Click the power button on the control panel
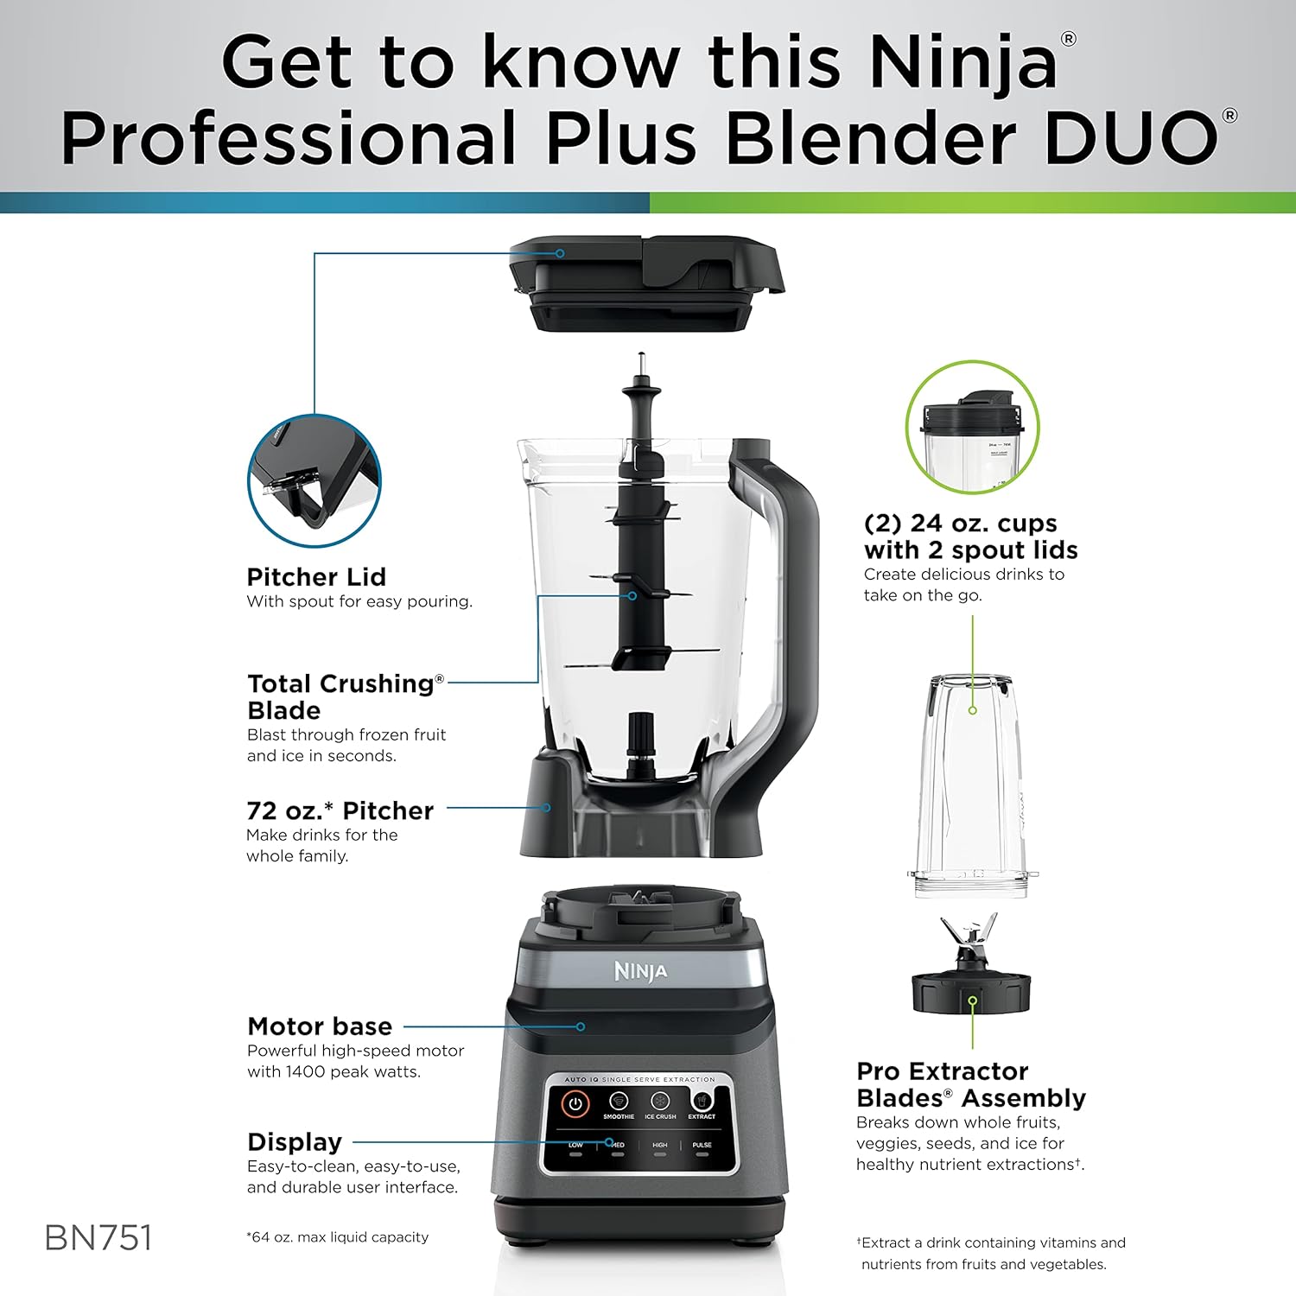pyautogui.click(x=575, y=1103)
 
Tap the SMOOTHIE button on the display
pyautogui.click(x=618, y=1103)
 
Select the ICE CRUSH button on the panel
pyautogui.click(x=660, y=1103)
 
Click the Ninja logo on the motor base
pyautogui.click(x=640, y=971)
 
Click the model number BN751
pyautogui.click(x=98, y=1237)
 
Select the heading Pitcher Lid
pyautogui.click(x=316, y=577)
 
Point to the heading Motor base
pyautogui.click(x=320, y=1026)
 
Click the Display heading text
pyautogui.click(x=295, y=1142)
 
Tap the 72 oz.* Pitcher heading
pyautogui.click(x=340, y=810)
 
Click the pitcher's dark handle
pyautogui.click(x=791, y=605)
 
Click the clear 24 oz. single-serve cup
pyautogui.click(x=971, y=786)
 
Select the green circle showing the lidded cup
pyautogui.click(x=972, y=429)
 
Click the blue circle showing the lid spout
pyautogui.click(x=314, y=480)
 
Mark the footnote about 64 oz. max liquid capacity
pyautogui.click(x=337, y=1237)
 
